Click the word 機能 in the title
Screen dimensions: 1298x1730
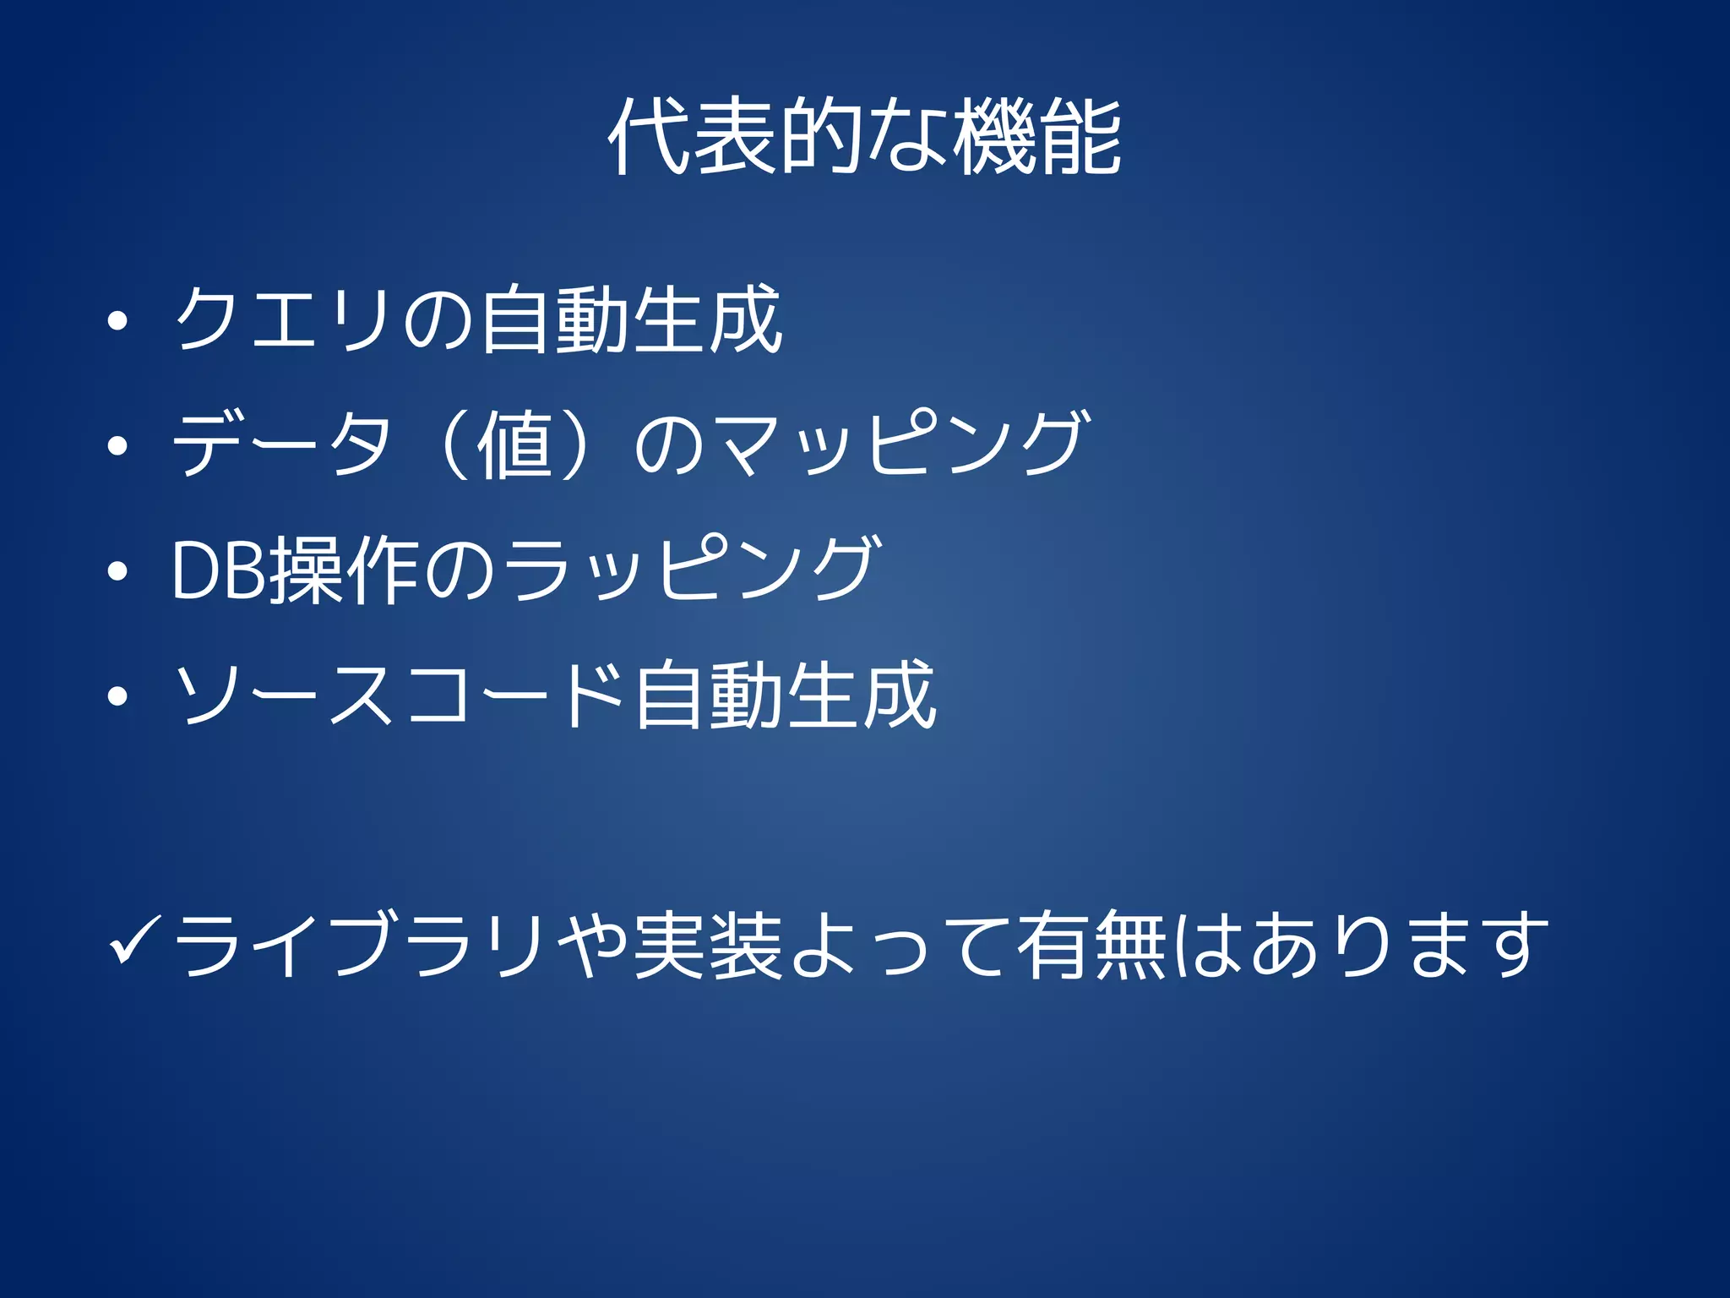(1037, 137)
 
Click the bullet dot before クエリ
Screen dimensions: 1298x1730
(117, 321)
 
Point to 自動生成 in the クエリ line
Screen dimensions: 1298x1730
(631, 319)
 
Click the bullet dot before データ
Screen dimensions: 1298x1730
(117, 445)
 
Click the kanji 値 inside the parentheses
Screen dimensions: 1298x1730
(514, 444)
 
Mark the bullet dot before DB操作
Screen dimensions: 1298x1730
(117, 571)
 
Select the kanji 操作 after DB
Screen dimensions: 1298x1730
(342, 570)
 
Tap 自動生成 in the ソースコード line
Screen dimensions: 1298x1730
(785, 695)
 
